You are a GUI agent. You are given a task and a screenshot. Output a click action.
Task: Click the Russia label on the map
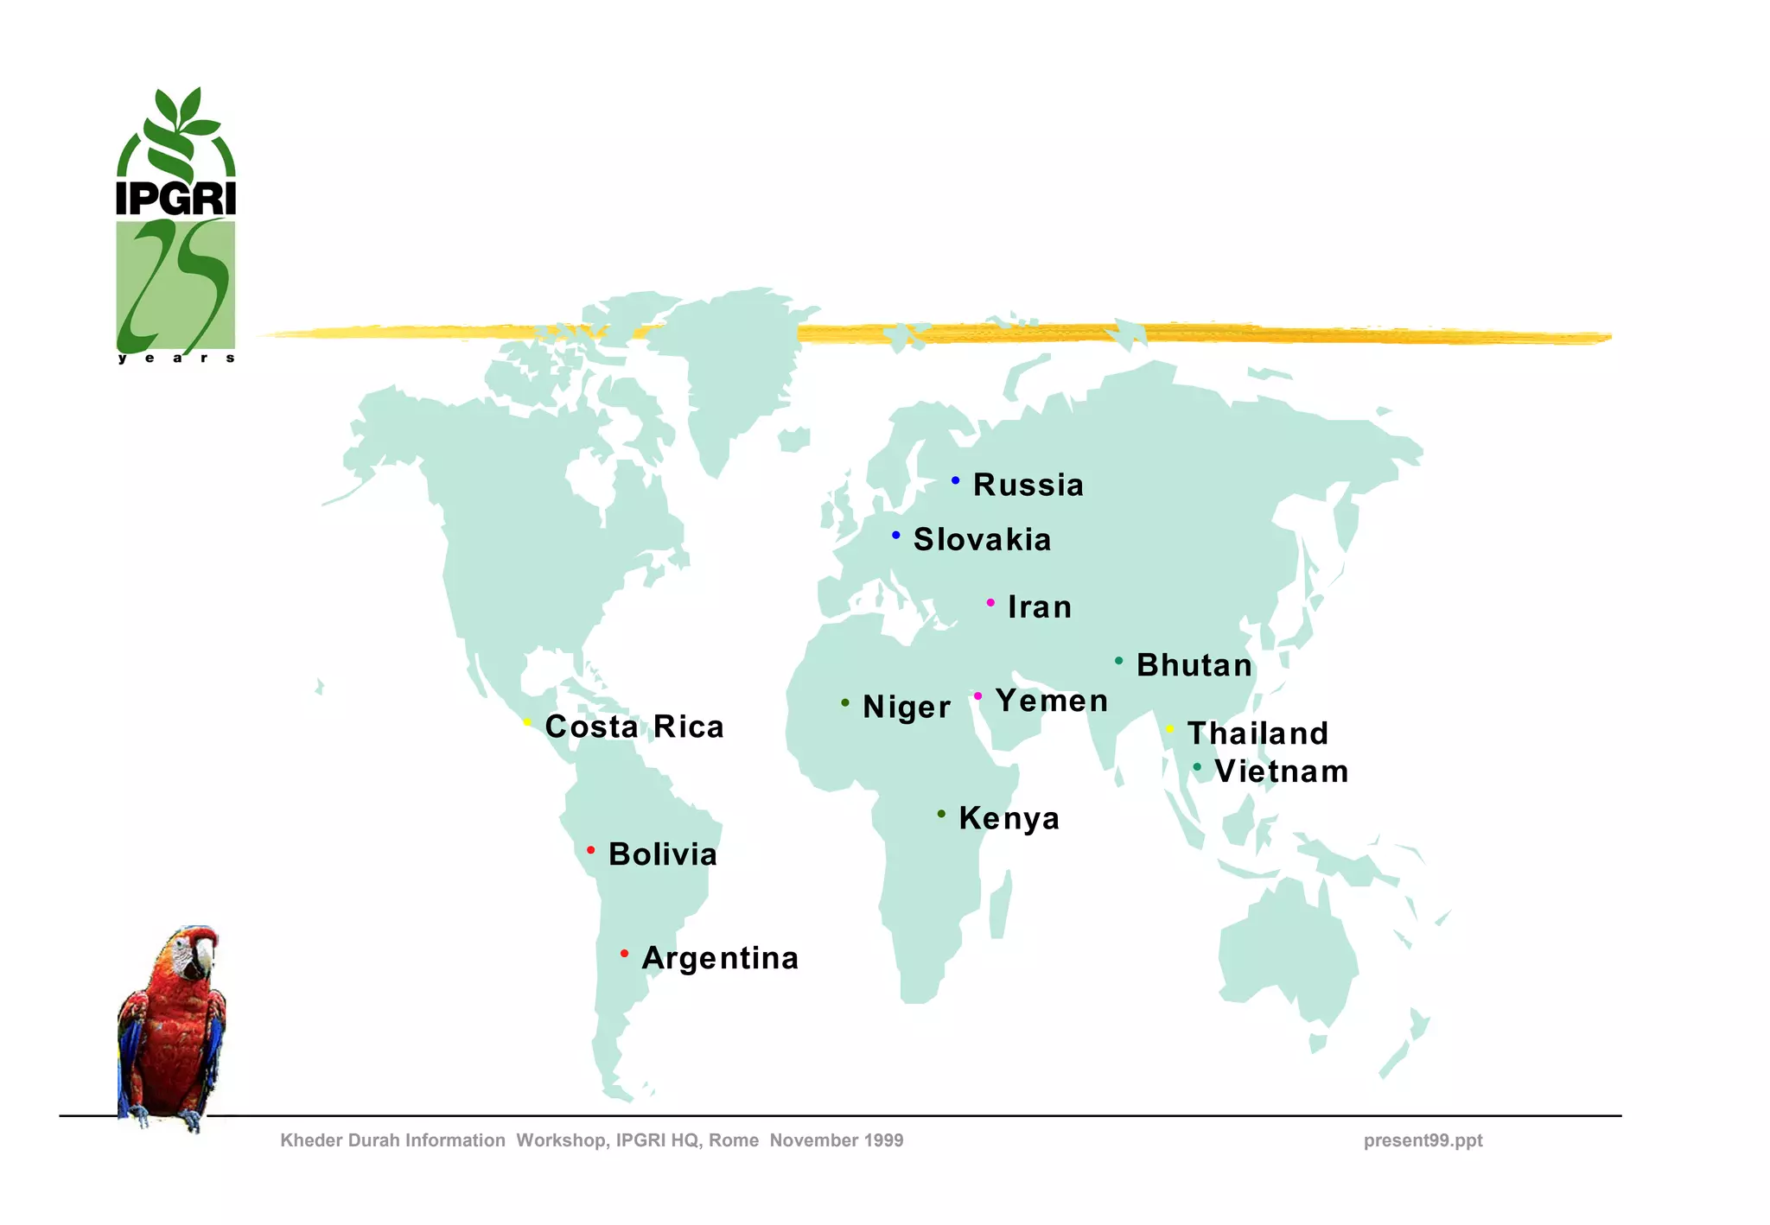pyautogui.click(x=1028, y=485)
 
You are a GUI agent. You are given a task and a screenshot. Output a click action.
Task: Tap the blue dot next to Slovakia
pyautogui.click(x=896, y=536)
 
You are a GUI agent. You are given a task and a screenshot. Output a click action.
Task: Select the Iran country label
pyautogui.click(x=1040, y=607)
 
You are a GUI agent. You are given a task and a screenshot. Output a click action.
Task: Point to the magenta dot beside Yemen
pyautogui.click(x=977, y=696)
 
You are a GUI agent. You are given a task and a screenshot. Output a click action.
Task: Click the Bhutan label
pyautogui.click(x=1194, y=665)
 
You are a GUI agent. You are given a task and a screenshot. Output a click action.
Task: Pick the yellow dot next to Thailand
pyautogui.click(x=1170, y=729)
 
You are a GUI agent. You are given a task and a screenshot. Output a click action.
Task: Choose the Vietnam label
pyautogui.click(x=1281, y=771)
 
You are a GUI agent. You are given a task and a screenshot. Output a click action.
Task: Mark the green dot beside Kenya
pyautogui.click(x=941, y=814)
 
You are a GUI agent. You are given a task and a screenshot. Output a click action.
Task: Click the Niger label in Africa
pyautogui.click(x=907, y=707)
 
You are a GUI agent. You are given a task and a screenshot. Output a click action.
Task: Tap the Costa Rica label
pyautogui.click(x=634, y=727)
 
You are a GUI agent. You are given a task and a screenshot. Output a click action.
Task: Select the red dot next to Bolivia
pyautogui.click(x=591, y=851)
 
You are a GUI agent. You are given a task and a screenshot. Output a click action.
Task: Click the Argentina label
pyautogui.click(x=720, y=958)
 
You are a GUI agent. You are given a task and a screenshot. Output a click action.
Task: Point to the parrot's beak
pyautogui.click(x=205, y=955)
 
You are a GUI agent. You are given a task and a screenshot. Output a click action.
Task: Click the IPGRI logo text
pyautogui.click(x=176, y=198)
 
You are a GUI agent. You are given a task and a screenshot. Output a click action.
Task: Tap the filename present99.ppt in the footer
pyautogui.click(x=1423, y=1140)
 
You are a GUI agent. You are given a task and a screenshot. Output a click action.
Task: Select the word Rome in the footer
pyautogui.click(x=734, y=1140)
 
